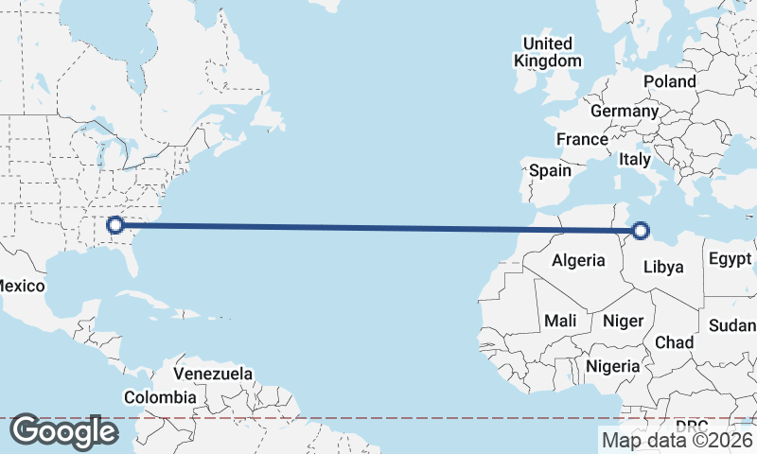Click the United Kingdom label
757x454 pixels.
(548, 52)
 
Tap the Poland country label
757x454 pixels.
(670, 81)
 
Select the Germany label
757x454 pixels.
(624, 111)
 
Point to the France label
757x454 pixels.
(582, 139)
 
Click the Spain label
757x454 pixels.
(550, 171)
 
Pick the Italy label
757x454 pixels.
(635, 160)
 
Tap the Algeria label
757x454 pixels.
(577, 260)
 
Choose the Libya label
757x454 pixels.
(662, 267)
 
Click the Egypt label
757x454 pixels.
(730, 259)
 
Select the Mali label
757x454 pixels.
(560, 322)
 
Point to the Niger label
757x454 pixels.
(623, 322)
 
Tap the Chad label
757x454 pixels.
(674, 342)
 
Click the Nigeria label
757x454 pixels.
(613, 365)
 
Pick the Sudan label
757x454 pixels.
(732, 325)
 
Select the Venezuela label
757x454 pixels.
(213, 374)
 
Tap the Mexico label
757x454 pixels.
(21, 286)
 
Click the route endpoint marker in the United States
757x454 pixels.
(114, 225)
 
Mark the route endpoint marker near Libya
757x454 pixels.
(641, 230)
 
